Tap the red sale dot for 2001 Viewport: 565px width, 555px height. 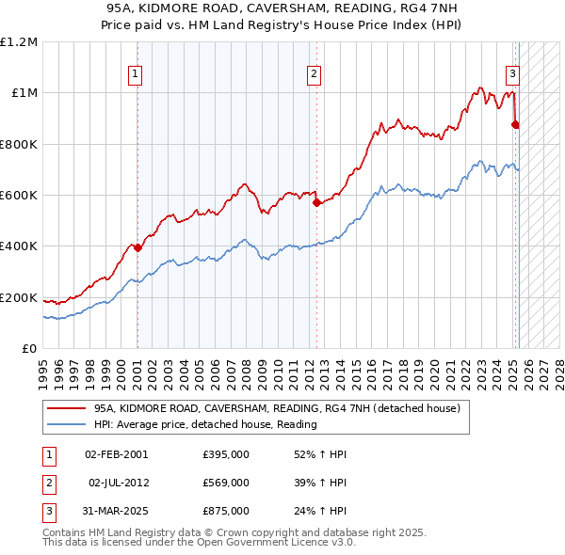pyautogui.click(x=137, y=248)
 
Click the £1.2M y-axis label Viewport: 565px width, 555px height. pyautogui.click(x=19, y=42)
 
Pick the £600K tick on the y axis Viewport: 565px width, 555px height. pyautogui.click(x=19, y=196)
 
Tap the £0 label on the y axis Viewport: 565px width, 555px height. pyautogui.click(x=28, y=349)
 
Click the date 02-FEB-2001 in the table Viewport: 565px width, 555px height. pyautogui.click(x=116, y=454)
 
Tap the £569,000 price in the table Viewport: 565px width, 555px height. pyautogui.click(x=226, y=483)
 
